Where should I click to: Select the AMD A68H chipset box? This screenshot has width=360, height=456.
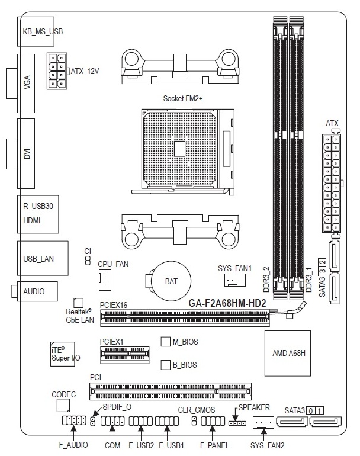[x=288, y=354]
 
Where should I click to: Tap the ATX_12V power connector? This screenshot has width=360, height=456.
[x=57, y=71]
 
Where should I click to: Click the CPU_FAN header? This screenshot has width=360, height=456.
[x=105, y=280]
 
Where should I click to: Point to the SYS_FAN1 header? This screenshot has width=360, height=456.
[x=235, y=280]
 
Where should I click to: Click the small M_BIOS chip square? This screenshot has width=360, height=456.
[x=165, y=342]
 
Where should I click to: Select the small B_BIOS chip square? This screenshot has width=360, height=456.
[x=165, y=365]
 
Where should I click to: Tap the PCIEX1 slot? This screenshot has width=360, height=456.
[x=125, y=355]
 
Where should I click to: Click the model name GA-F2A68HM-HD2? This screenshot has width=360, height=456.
[x=227, y=303]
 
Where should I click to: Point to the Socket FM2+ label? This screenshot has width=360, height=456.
[x=182, y=98]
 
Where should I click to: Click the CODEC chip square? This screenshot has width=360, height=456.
[x=63, y=406]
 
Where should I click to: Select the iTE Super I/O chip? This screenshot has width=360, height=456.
[x=63, y=354]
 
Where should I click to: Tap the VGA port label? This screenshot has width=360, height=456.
[x=27, y=82]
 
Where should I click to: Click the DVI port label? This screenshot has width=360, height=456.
[x=27, y=153]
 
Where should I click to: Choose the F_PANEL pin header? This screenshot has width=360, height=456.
[x=213, y=421]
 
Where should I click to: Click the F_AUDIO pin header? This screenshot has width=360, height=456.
[x=74, y=420]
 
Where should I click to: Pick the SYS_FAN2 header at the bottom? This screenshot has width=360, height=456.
[x=263, y=422]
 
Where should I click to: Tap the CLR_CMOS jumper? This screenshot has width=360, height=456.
[x=194, y=421]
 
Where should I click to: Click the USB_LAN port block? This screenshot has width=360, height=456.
[x=43, y=258]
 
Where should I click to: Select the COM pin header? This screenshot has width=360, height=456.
[x=112, y=421]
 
